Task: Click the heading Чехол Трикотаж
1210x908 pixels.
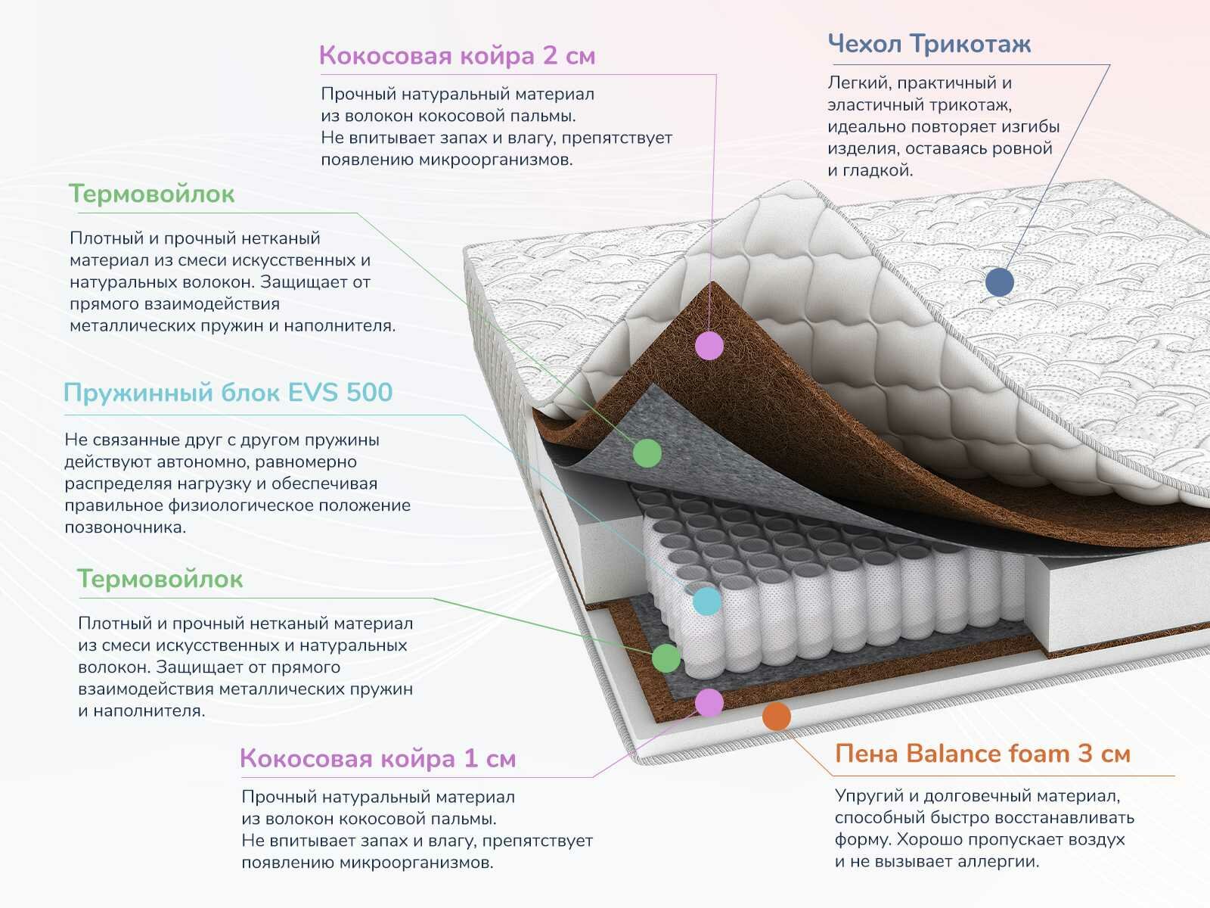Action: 929,44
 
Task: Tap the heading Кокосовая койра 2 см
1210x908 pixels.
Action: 457,55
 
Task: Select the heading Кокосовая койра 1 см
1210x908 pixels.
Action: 377,758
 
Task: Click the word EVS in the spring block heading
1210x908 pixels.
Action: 314,392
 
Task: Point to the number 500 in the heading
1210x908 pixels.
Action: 369,392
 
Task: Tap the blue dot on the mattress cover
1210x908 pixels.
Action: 1000,282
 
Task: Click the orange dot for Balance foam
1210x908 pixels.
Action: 777,716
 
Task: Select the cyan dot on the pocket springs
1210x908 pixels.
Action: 707,601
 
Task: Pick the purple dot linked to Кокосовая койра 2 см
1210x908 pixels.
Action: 709,345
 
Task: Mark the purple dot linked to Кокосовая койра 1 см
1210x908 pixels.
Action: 709,702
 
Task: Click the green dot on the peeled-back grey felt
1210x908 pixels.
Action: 647,452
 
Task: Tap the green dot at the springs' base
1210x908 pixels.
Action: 666,658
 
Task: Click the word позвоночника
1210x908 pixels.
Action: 125,527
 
